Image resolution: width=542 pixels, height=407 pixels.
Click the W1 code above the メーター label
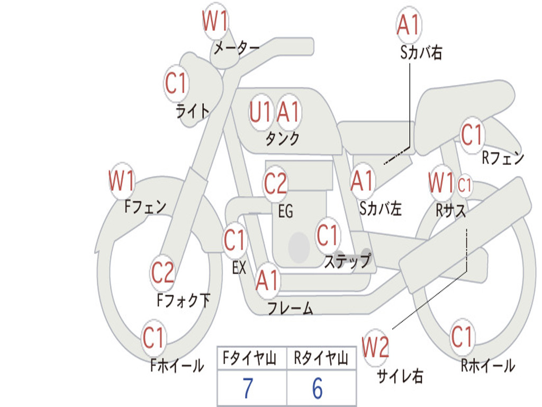[215, 21]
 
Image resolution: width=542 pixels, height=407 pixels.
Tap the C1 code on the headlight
[176, 83]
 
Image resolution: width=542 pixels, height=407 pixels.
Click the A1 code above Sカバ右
[409, 25]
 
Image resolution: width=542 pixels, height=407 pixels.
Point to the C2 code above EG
[275, 183]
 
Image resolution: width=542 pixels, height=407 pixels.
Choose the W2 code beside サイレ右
[375, 347]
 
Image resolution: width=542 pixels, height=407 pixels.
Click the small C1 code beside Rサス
[464, 185]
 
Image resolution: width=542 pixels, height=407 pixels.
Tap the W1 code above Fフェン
[122, 180]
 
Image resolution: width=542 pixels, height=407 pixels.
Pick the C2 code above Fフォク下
[162, 273]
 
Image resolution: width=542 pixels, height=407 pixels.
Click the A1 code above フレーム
[267, 280]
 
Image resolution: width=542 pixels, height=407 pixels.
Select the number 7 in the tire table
[248, 388]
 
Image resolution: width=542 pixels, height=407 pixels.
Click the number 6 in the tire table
[318, 388]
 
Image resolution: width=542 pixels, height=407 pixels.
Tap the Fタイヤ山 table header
[250, 358]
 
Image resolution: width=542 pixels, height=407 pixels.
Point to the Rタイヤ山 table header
[321, 358]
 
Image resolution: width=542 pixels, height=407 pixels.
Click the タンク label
[283, 138]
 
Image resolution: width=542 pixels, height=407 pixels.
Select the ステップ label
[348, 260]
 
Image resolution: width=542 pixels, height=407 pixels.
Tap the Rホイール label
[488, 366]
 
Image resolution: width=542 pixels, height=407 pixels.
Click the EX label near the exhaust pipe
[239, 268]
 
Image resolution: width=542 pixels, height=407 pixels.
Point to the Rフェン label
[503, 158]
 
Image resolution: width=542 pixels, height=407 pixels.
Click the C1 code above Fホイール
[153, 338]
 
